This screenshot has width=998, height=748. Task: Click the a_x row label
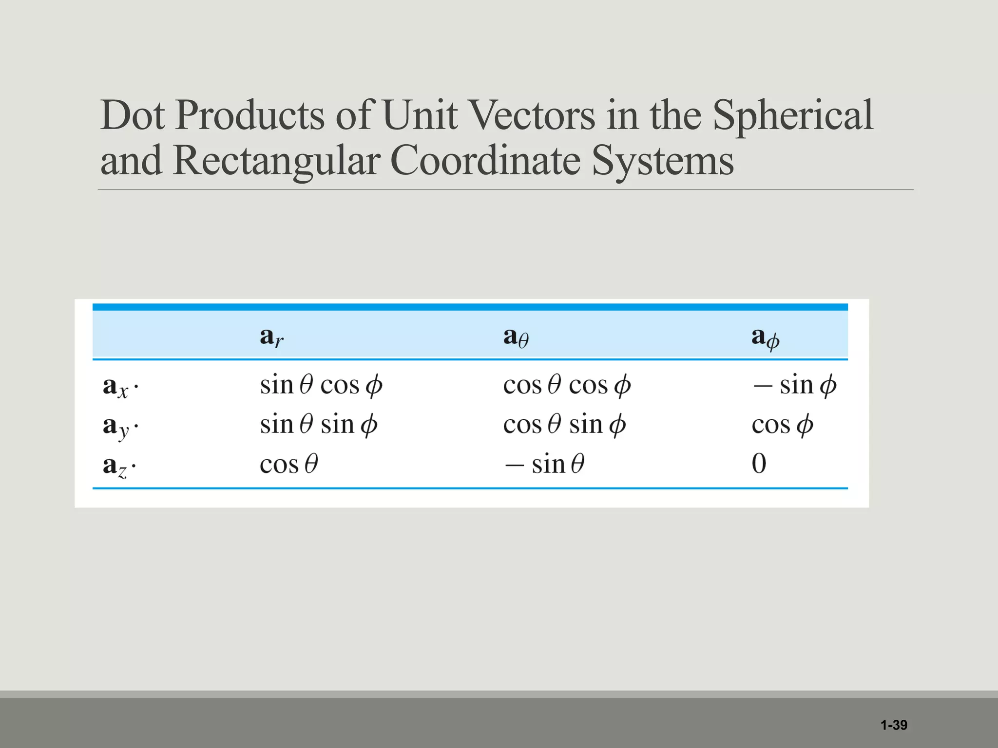[x=120, y=387]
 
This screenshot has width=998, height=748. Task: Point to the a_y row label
[x=120, y=426]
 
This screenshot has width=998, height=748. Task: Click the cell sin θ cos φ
[x=321, y=386]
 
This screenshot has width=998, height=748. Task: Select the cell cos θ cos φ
[x=567, y=386]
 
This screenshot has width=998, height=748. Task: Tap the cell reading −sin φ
[x=794, y=386]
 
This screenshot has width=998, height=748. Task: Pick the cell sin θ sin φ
[x=319, y=425]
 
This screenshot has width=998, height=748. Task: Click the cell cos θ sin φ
[x=564, y=425]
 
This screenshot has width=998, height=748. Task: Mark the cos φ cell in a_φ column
[x=782, y=425]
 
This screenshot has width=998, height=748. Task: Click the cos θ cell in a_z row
[x=289, y=464]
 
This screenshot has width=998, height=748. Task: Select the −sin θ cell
[x=544, y=464]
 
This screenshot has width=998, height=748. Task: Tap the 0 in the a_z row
[x=759, y=464]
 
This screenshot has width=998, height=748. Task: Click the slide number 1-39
[x=894, y=725]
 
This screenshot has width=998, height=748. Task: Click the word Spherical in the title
[x=793, y=116]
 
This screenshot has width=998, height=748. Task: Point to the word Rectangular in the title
[x=276, y=161]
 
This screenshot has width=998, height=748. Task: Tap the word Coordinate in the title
[x=485, y=161]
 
